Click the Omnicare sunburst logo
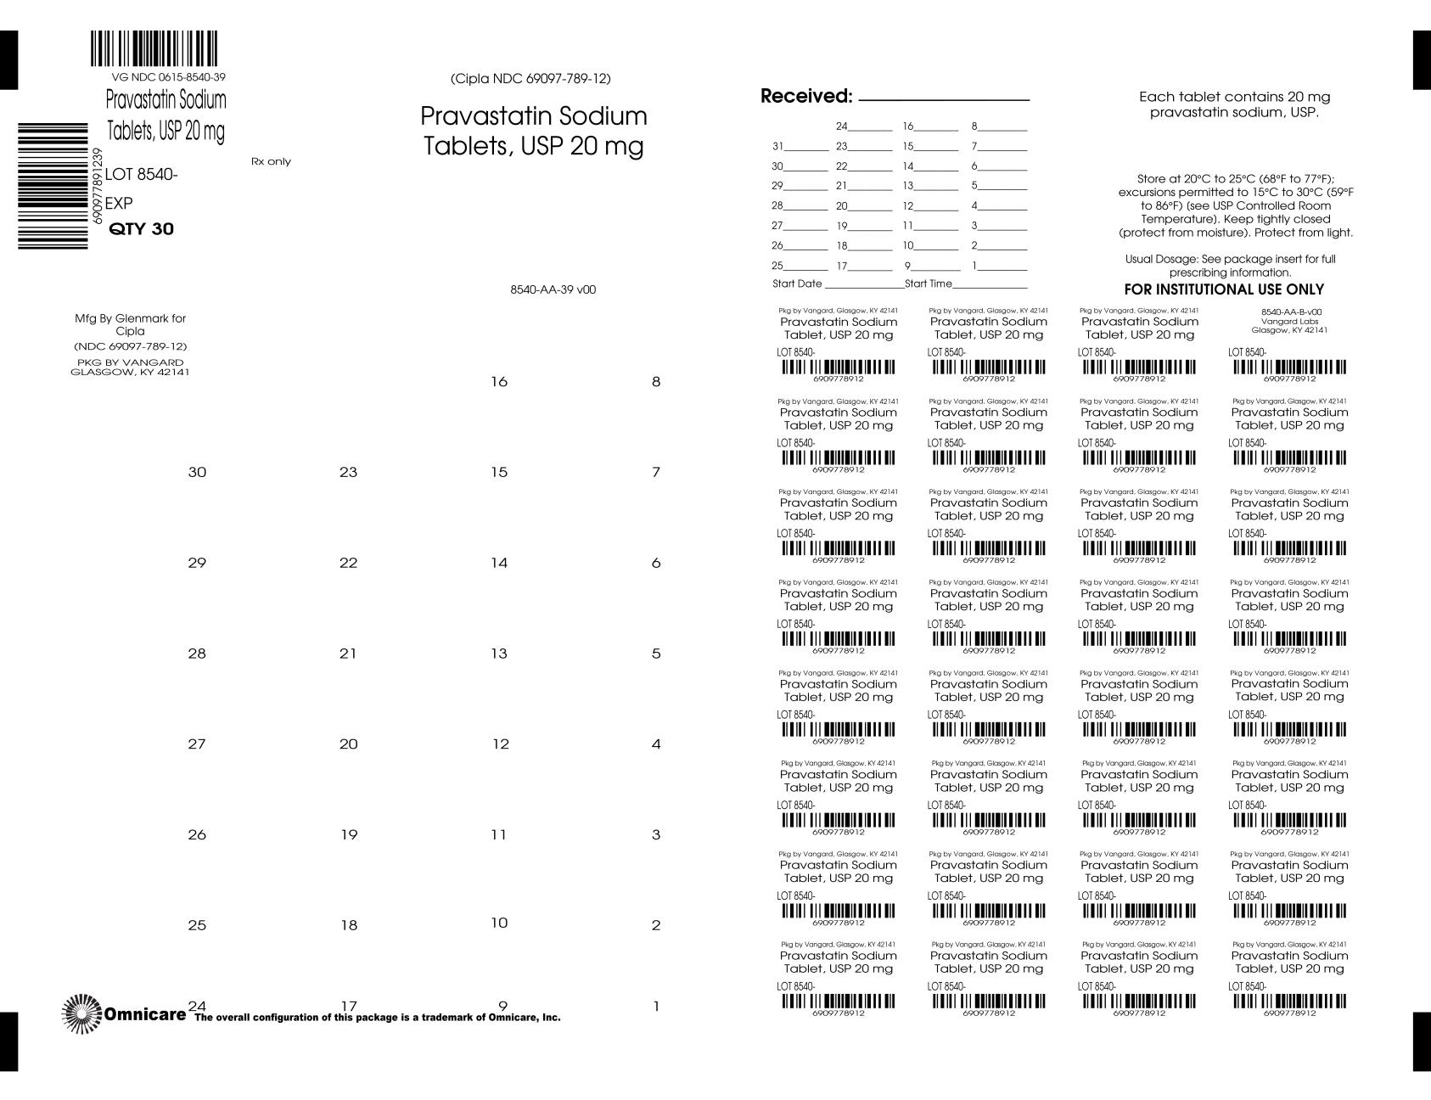(x=81, y=1013)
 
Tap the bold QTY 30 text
(x=142, y=229)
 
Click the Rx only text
(x=271, y=161)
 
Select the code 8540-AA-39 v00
(x=553, y=289)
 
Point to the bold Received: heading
(x=805, y=97)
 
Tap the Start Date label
(x=797, y=283)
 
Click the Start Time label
(x=929, y=283)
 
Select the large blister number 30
(x=197, y=472)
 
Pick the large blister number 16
(x=499, y=382)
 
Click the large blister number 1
(x=656, y=1007)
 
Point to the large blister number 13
(x=499, y=654)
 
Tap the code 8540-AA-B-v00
(x=1291, y=311)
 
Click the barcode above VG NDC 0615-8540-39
(x=154, y=49)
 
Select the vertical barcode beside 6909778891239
(x=53, y=186)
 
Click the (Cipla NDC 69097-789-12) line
(x=530, y=79)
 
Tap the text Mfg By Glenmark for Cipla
(x=130, y=324)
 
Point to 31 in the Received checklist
(x=777, y=146)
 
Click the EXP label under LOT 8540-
(x=119, y=204)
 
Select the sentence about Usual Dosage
(x=1230, y=266)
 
